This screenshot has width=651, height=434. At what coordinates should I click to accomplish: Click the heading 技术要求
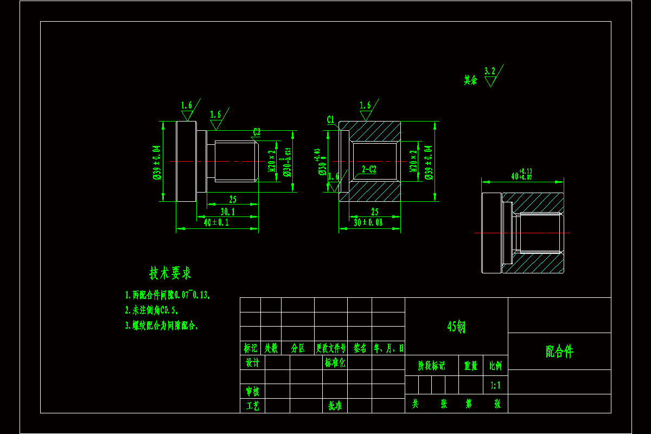[x=170, y=273]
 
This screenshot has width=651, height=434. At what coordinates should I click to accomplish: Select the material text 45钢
[x=456, y=326]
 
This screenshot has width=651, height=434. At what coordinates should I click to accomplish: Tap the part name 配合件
[x=559, y=352]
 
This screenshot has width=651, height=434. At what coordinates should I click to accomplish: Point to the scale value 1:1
[x=495, y=385]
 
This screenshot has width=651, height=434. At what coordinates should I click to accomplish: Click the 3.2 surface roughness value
[x=490, y=71]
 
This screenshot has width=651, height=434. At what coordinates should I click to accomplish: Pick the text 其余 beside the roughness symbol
[x=470, y=80]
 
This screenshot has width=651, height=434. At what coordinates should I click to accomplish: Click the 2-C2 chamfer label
[x=369, y=169]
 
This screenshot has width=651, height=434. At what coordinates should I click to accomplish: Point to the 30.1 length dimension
[x=227, y=212]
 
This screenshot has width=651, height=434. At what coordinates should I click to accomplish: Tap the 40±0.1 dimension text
[x=216, y=222]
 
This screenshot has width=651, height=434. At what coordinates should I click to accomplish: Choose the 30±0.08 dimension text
[x=368, y=222]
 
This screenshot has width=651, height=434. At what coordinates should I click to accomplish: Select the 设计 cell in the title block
[x=252, y=362]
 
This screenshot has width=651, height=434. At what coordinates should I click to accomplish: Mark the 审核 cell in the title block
[x=252, y=391]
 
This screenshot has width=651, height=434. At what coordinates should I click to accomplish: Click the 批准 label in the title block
[x=335, y=405]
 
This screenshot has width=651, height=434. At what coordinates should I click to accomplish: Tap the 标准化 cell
[x=335, y=362]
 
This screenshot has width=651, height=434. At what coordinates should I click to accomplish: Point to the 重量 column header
[x=470, y=366]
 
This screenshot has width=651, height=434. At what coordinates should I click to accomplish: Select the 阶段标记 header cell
[x=431, y=366]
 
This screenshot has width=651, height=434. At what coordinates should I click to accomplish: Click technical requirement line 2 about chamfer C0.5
[x=152, y=310]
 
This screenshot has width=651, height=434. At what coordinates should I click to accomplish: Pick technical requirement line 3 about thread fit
[x=162, y=325]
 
